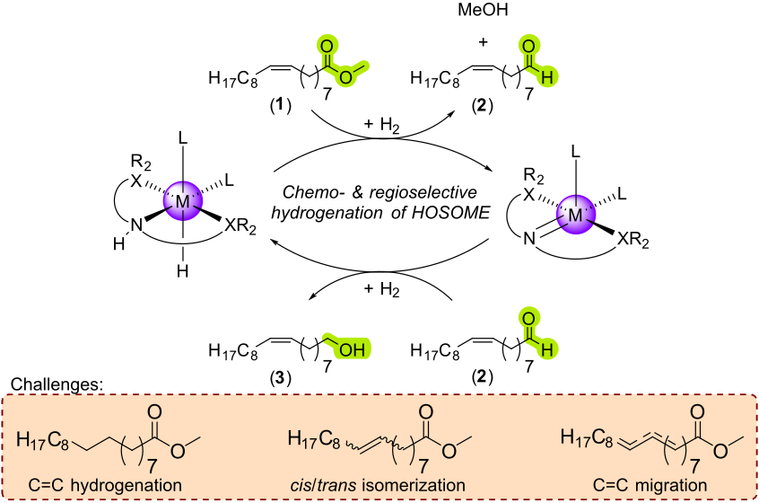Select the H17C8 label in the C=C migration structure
(x=589, y=437)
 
